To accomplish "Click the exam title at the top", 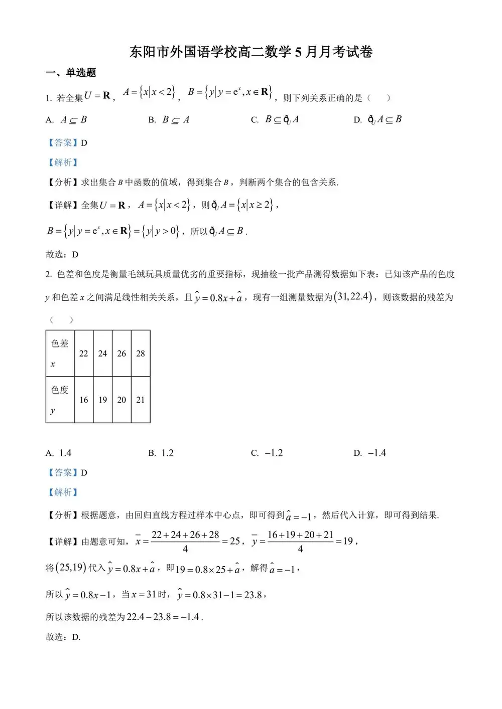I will click(251, 52).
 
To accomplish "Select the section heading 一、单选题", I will click(71, 73).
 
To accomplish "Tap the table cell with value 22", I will click(84, 353).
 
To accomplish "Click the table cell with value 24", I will click(102, 353).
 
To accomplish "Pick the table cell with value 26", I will click(121, 353).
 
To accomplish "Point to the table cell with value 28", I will click(141, 353).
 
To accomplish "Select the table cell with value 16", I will click(84, 400).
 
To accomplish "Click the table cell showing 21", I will click(141, 400).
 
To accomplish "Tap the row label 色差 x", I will click(60, 353).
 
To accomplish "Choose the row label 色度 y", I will click(60, 399).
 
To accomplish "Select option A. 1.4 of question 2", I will click(59, 453).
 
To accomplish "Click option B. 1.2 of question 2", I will click(161, 453).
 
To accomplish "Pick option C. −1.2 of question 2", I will click(267, 453).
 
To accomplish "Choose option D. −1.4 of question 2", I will click(370, 453).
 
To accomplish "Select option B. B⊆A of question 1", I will click(169, 120).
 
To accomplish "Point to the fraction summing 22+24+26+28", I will click(185, 542).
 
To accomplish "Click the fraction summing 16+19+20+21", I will click(300, 542).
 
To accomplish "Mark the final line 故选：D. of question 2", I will click(63, 637).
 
